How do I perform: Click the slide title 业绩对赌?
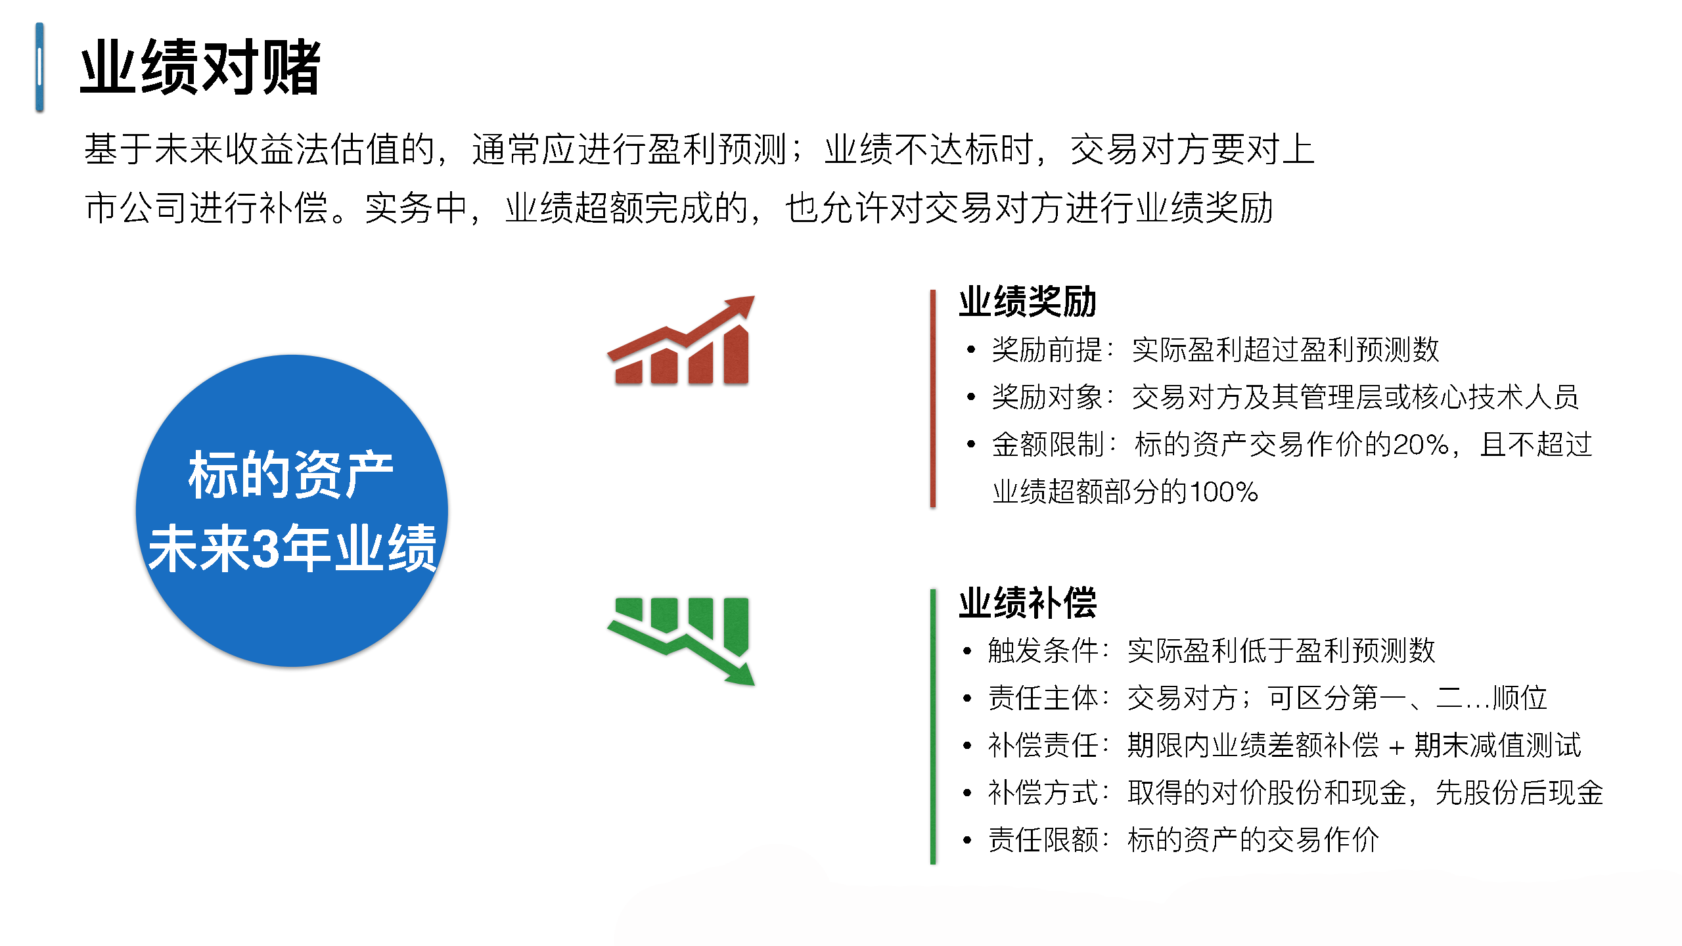200,67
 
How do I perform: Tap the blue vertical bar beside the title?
39,67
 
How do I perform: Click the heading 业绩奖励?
1028,302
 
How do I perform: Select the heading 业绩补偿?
1028,602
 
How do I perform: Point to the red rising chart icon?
681,340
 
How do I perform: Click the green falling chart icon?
681,641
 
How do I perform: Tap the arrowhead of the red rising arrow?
741,306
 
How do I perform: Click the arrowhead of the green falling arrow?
741,675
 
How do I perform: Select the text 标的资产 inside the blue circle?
290,474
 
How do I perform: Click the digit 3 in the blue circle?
265,548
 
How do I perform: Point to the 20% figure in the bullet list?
1421,445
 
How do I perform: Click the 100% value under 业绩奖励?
1223,492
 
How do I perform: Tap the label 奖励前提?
1047,349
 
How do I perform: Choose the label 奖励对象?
1047,397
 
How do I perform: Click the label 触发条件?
1043,650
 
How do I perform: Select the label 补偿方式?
1043,792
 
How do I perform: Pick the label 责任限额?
1043,840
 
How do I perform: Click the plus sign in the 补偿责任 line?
1397,747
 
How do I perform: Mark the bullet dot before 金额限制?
971,445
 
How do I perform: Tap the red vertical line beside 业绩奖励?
933,398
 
